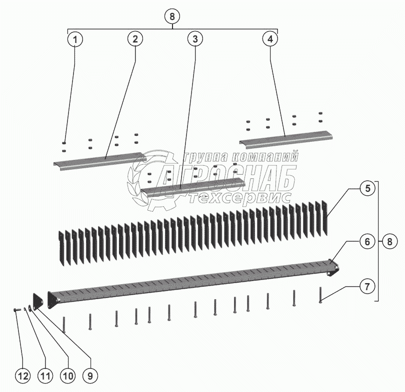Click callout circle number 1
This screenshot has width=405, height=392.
click(75, 40)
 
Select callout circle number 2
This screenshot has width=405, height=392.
click(135, 39)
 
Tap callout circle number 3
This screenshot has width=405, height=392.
click(195, 39)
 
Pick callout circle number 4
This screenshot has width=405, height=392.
click(270, 39)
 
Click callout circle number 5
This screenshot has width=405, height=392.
click(367, 189)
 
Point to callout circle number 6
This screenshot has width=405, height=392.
click(367, 241)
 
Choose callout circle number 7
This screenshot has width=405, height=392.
click(367, 286)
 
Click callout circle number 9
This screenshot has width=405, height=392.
click(90, 376)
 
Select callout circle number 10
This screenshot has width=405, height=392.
click(68, 376)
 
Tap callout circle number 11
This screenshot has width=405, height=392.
click(45, 376)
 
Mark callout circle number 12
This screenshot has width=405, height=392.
click(23, 376)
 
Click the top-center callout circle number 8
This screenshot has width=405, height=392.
click(172, 16)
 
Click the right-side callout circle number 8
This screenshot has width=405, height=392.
click(389, 241)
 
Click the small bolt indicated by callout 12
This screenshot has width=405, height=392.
click(17, 310)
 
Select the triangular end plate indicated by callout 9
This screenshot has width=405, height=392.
click(37, 301)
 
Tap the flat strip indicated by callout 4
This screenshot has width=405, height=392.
click(285, 139)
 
